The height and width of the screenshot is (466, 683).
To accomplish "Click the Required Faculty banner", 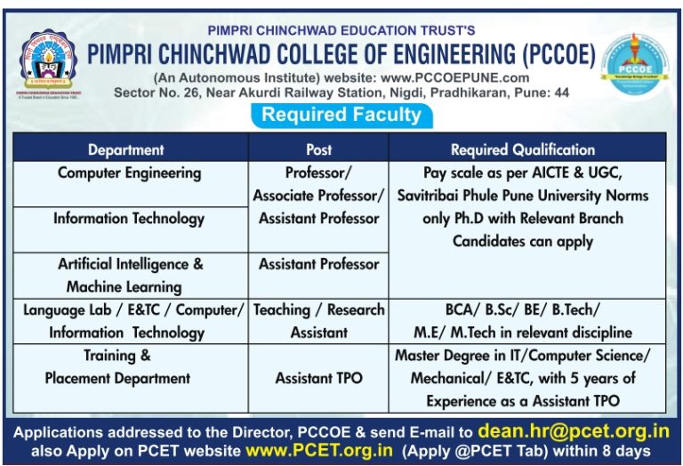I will tap(341, 115).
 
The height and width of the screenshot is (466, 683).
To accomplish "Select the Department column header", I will tap(125, 149).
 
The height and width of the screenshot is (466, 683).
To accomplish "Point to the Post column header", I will tap(318, 149).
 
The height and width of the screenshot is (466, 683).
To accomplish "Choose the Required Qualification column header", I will tap(523, 149).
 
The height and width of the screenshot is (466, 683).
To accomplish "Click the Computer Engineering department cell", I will tap(129, 173).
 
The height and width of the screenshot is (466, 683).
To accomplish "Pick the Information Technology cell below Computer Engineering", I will tap(129, 218).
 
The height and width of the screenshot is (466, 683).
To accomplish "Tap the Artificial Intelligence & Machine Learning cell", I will tap(130, 275).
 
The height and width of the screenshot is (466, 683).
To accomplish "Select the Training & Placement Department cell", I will tap(117, 366).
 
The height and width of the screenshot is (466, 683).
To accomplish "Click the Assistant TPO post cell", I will tap(318, 378).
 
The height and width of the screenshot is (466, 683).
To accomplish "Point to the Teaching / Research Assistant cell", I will tap(318, 320).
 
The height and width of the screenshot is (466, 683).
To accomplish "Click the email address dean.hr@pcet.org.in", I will tap(572, 431).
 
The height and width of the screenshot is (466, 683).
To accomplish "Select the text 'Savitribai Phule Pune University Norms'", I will tap(523, 195).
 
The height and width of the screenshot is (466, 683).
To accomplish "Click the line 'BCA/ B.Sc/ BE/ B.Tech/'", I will tap(523, 309).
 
